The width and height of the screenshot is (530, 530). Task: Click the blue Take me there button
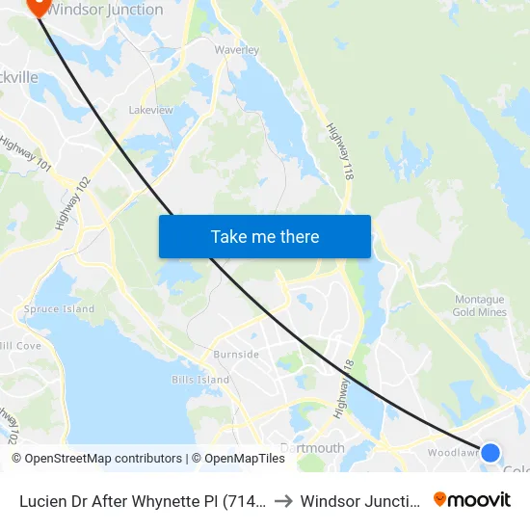pyautogui.click(x=264, y=236)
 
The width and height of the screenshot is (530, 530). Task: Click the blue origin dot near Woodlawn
pyautogui.click(x=490, y=452)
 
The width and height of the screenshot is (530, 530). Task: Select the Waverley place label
pyautogui.click(x=237, y=50)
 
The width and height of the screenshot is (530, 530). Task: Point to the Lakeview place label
pyautogui.click(x=151, y=110)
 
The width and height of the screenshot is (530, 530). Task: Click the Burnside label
pyautogui.click(x=236, y=355)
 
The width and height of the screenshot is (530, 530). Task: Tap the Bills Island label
pyautogui.click(x=199, y=380)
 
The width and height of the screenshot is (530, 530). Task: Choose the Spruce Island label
pyautogui.click(x=60, y=309)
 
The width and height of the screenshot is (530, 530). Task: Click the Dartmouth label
pyautogui.click(x=312, y=448)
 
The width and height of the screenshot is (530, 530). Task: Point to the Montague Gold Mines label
pyautogui.click(x=479, y=306)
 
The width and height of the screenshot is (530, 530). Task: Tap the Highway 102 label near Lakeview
pyautogui.click(x=73, y=202)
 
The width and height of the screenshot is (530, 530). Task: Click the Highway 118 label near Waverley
pyautogui.click(x=339, y=152)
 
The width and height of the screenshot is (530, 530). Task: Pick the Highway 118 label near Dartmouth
pyautogui.click(x=341, y=389)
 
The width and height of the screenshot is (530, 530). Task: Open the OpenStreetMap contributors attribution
pyautogui.click(x=96, y=459)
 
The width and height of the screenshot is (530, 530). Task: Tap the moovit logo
pyautogui.click(x=472, y=500)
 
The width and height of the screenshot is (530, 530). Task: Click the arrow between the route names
pyautogui.click(x=279, y=501)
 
